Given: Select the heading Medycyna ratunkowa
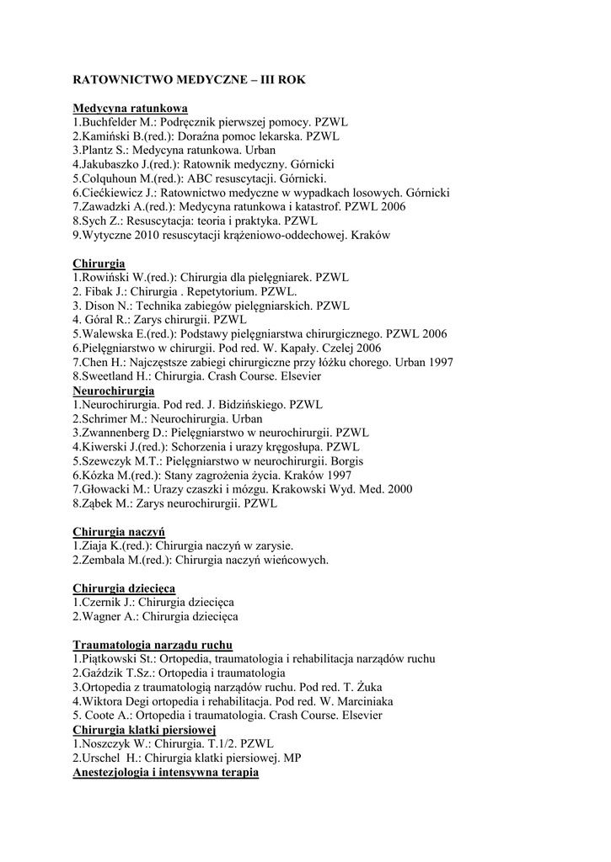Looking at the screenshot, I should pos(130,109).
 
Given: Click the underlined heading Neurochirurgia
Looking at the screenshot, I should pos(114,391).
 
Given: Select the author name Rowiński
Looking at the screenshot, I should pos(104,277).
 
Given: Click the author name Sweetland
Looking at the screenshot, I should pos(106,376).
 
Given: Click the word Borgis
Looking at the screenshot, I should pos(346,461).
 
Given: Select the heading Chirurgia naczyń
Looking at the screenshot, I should pos(119,532).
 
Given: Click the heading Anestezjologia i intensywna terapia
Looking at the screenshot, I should pos(165,772).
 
